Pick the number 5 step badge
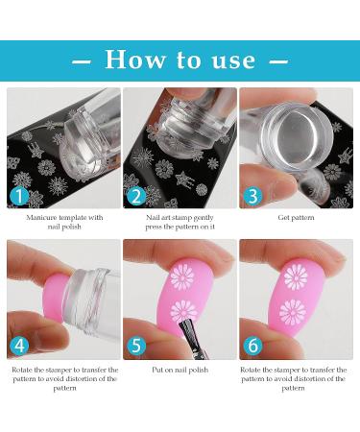click(x=136, y=345)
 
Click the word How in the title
click(x=135, y=60)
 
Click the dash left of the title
click(x=82, y=61)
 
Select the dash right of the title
click(x=278, y=61)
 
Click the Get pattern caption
click(x=296, y=218)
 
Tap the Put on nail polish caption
click(x=180, y=370)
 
